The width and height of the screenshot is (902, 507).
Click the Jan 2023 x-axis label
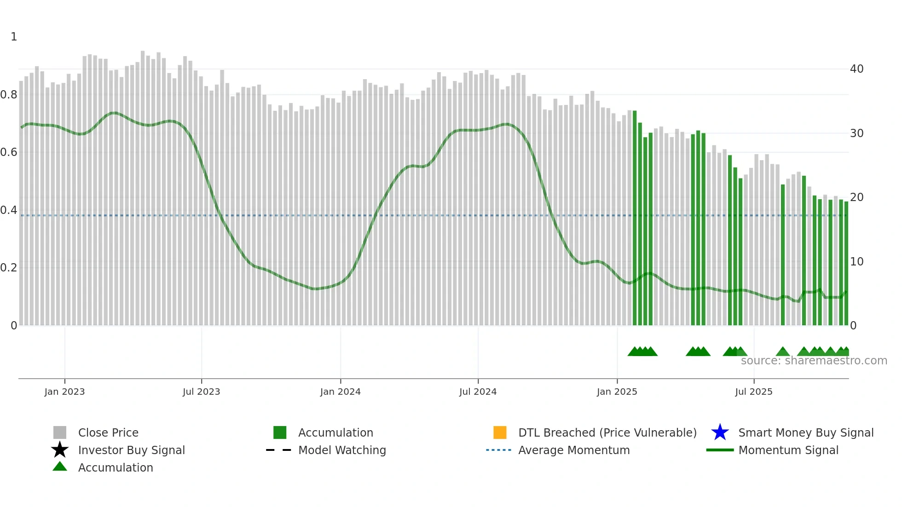(64, 392)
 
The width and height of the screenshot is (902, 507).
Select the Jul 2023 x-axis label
(201, 392)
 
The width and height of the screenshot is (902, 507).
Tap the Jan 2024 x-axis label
(340, 392)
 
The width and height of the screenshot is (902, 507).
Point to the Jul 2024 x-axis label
(478, 392)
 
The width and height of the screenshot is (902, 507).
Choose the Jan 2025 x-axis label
(617, 392)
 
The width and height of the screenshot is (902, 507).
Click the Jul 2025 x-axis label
(753, 392)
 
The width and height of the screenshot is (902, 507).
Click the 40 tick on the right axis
(856, 69)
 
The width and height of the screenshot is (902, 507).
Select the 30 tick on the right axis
(856, 133)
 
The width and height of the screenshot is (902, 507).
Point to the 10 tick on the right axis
(856, 262)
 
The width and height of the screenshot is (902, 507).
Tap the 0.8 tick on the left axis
(9, 95)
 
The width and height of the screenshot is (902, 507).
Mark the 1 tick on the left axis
(14, 37)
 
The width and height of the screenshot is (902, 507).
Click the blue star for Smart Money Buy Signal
(720, 432)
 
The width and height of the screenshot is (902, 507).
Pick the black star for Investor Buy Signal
(60, 450)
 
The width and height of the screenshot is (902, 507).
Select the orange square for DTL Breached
(500, 432)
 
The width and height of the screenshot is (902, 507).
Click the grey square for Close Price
(60, 432)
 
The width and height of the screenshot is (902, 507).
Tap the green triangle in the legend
(60, 467)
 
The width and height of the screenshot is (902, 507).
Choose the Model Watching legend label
(342, 450)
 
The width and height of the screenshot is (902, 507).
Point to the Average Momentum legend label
(574, 450)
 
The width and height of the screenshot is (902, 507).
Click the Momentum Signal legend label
(788, 450)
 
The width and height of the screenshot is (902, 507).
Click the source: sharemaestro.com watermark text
(814, 361)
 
